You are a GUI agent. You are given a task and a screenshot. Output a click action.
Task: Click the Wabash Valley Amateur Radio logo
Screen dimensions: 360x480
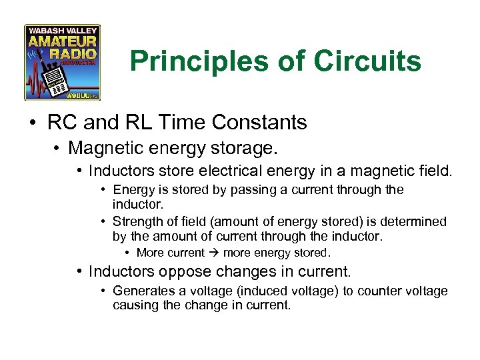(x=62, y=63)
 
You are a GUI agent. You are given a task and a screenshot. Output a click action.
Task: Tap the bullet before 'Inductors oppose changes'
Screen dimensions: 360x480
(x=80, y=272)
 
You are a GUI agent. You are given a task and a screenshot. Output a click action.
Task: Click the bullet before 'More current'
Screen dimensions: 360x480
(x=127, y=253)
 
